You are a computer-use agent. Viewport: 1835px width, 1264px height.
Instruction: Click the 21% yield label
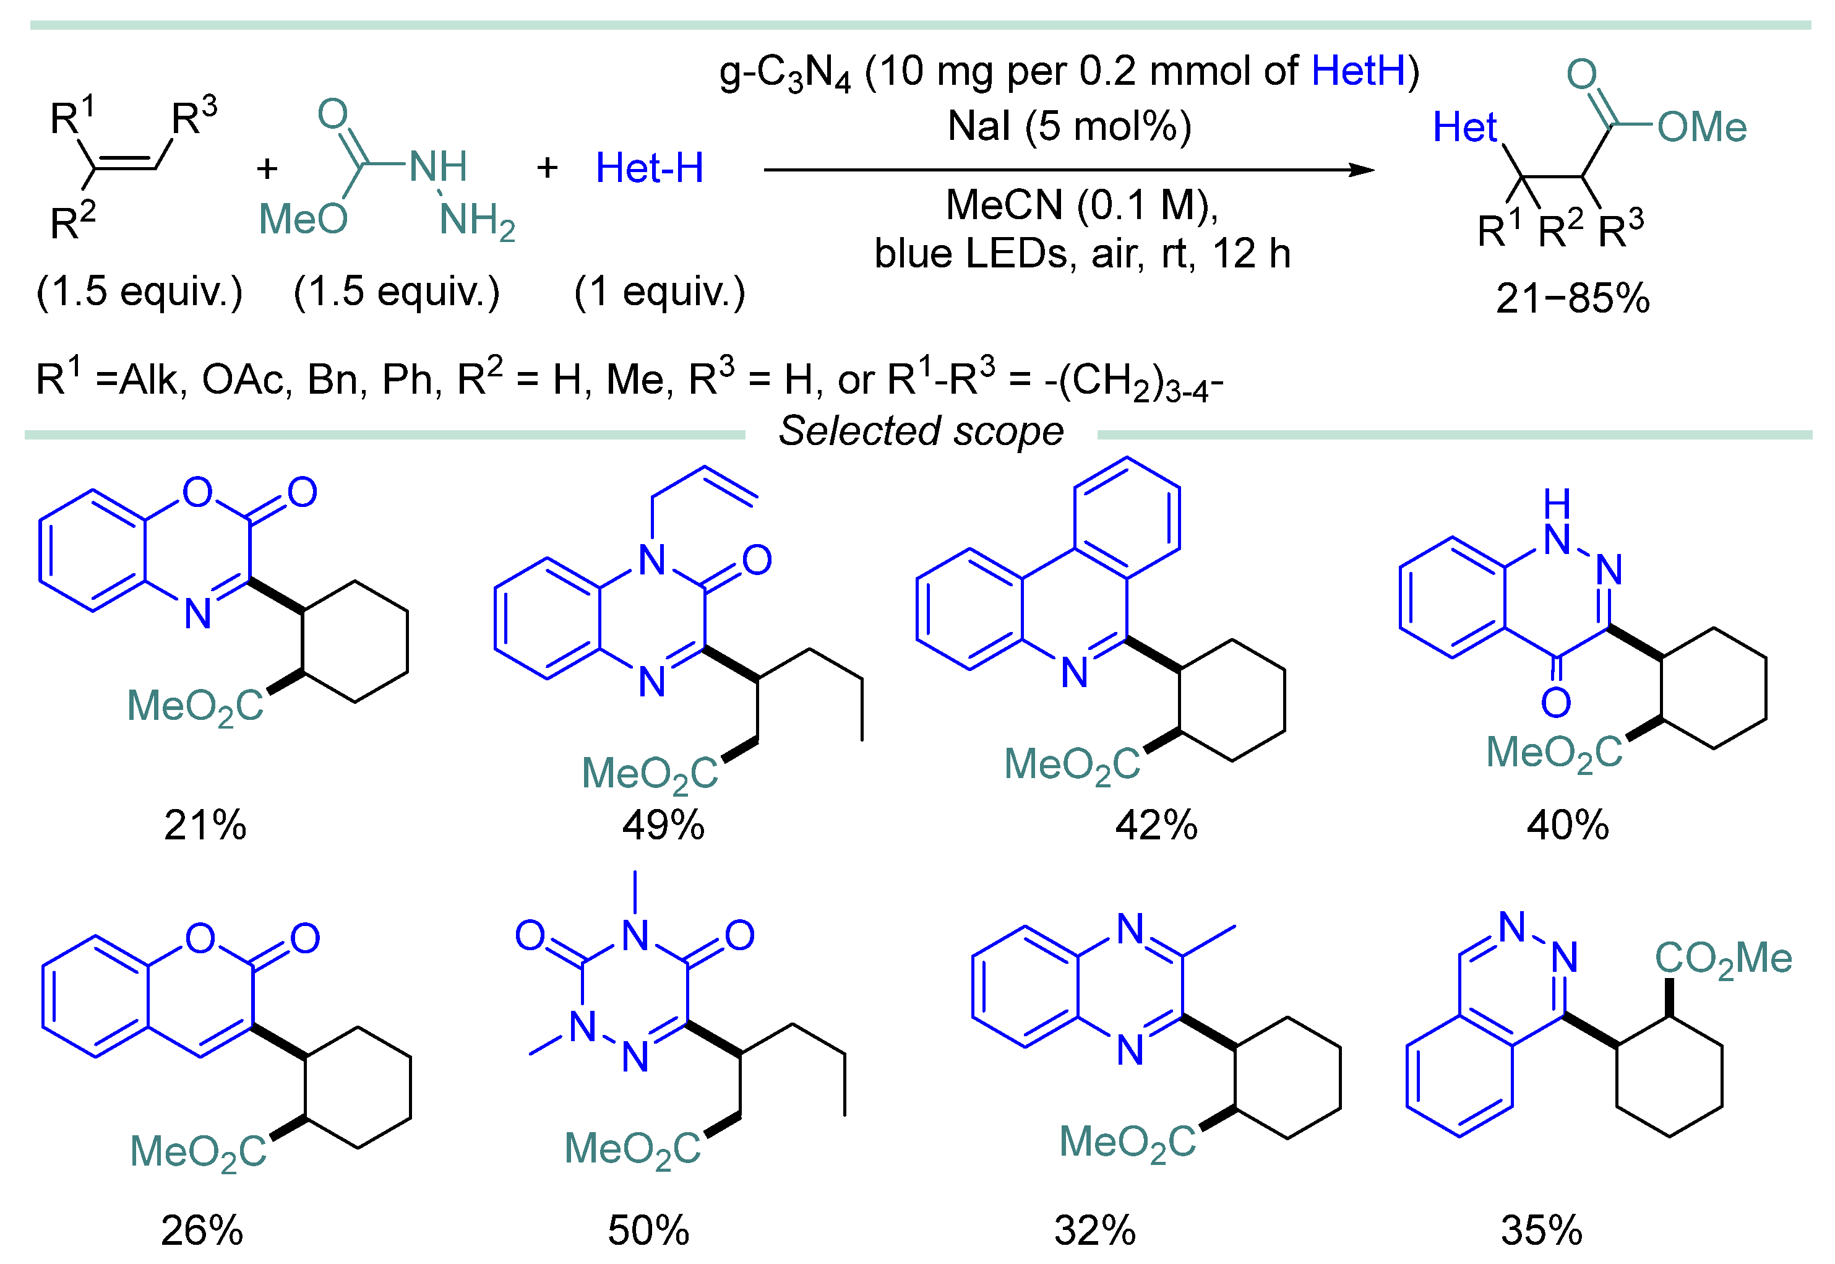(205, 825)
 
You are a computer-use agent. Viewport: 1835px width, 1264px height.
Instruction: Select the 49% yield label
(663, 825)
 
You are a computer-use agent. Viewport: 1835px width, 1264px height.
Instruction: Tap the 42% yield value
(1156, 825)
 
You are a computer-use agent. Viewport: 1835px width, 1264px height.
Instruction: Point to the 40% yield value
(1568, 825)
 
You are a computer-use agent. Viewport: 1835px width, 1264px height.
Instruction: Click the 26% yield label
(202, 1230)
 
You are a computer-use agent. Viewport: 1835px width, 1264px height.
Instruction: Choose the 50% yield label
(648, 1230)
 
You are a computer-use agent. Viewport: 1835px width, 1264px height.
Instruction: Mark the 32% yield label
(1095, 1230)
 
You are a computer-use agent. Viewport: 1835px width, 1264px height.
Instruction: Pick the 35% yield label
(1541, 1230)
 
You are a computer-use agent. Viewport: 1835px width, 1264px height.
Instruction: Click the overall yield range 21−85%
(1572, 298)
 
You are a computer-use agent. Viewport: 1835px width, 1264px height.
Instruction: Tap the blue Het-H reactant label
(649, 168)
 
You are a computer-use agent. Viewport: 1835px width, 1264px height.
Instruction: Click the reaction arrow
(1068, 170)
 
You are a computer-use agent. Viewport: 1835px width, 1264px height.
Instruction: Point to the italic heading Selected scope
(921, 431)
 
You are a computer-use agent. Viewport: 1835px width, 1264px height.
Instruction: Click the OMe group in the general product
(1702, 127)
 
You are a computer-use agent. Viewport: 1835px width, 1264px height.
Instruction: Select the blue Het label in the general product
(1464, 127)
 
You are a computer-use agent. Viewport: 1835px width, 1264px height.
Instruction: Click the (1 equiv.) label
(660, 292)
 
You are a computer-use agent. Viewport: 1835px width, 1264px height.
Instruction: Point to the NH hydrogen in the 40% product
(1557, 502)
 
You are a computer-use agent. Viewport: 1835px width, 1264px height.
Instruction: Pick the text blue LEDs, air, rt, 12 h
(1082, 253)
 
